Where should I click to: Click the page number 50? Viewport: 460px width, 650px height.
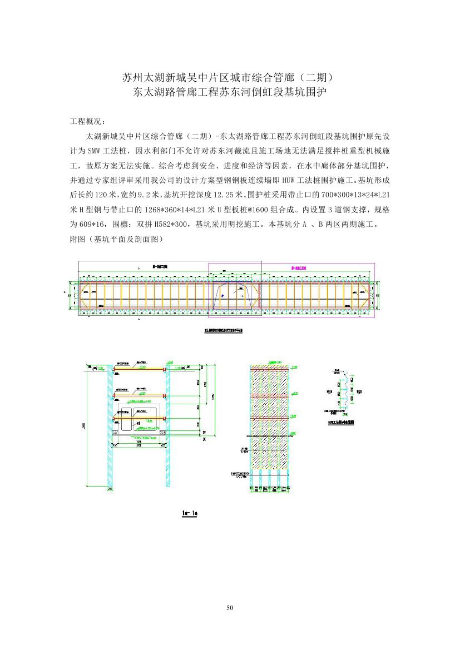[x=230, y=608]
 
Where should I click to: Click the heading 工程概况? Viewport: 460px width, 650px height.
[x=86, y=121]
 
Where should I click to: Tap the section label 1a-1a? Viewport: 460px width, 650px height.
[x=190, y=514]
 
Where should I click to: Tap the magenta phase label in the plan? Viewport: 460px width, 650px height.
[x=295, y=267]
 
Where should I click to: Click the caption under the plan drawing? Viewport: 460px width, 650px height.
[x=222, y=330]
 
